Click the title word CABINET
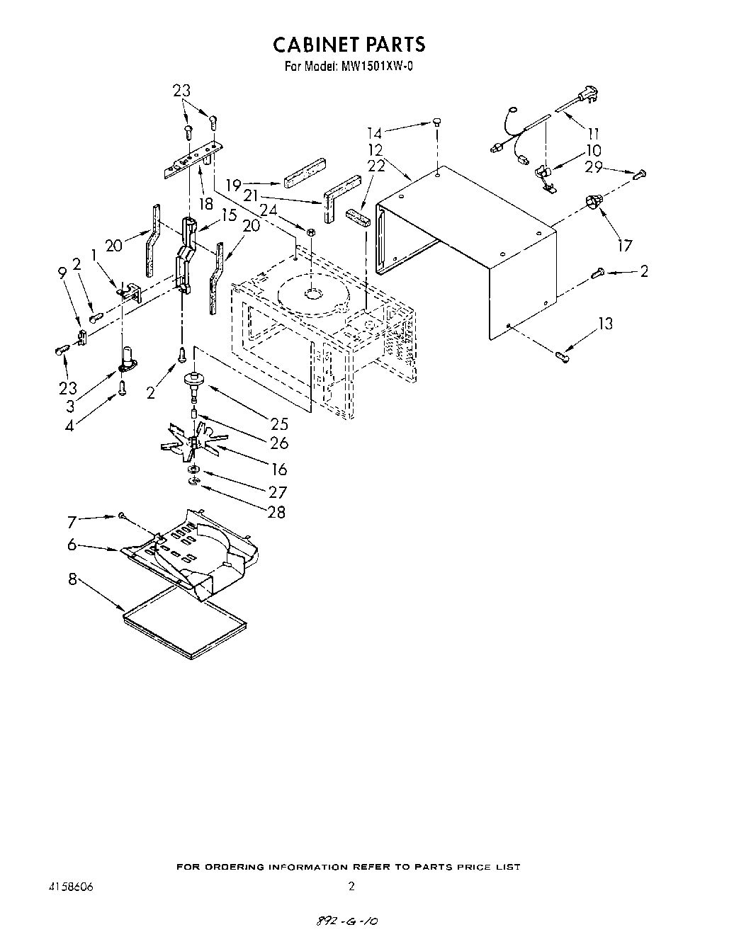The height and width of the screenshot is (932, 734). (316, 44)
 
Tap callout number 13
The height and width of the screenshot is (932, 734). (605, 324)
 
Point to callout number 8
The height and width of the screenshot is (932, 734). (72, 579)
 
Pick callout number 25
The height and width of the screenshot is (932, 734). (279, 424)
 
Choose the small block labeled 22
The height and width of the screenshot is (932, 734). (358, 216)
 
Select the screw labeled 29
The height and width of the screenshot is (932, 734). (640, 172)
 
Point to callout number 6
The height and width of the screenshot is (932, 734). (72, 545)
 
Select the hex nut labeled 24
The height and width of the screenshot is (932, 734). (310, 232)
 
